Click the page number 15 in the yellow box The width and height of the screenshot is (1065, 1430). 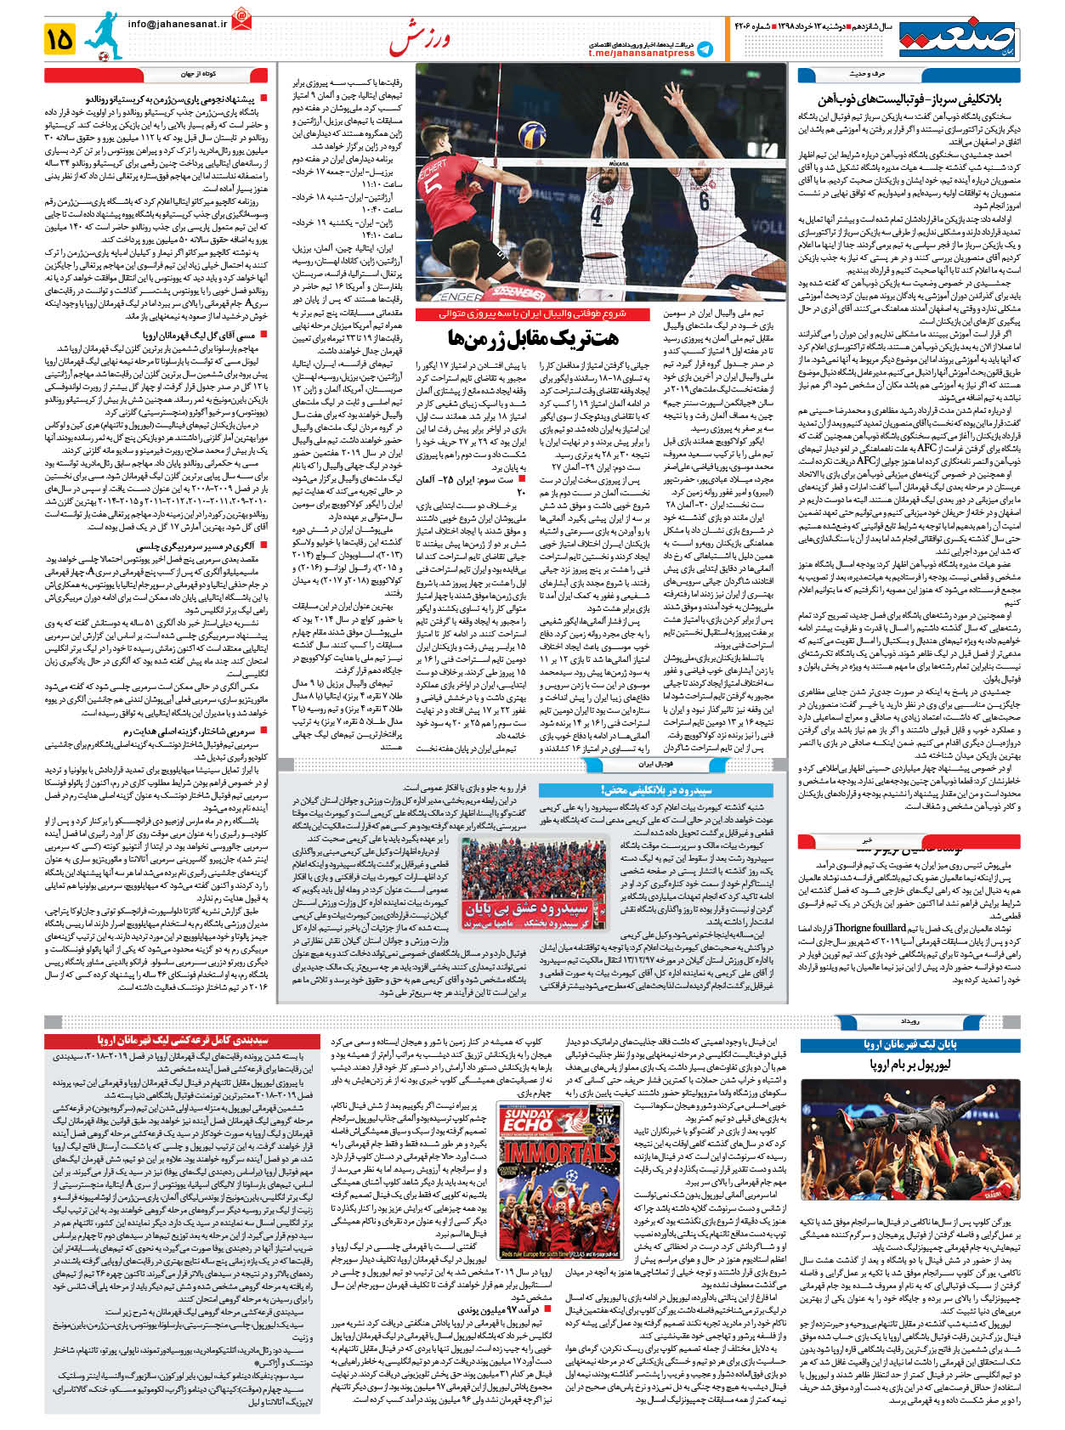point(60,38)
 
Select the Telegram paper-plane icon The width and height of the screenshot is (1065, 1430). point(705,49)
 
